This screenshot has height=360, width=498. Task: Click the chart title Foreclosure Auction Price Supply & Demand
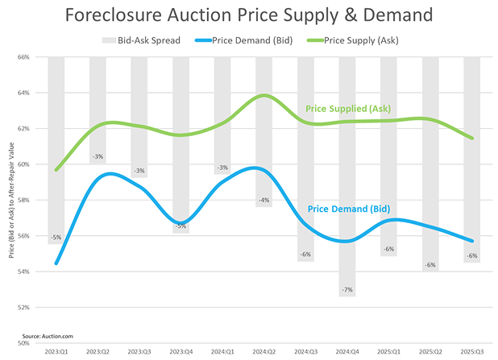point(249,16)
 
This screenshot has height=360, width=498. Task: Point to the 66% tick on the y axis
point(23,57)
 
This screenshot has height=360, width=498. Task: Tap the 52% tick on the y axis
point(23,308)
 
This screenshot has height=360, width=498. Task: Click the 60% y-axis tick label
point(23,164)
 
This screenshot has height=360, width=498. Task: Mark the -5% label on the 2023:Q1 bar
point(56,238)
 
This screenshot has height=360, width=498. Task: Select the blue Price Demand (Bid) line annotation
point(348,209)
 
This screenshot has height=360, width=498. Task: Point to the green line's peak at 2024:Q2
point(264,95)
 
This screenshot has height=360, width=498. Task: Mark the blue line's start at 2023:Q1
point(56,263)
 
